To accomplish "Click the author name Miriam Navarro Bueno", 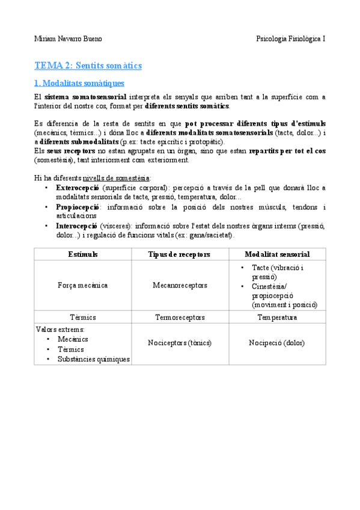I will tap(68, 39).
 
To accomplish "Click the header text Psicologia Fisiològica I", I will tap(291, 39).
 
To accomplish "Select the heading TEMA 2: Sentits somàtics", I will tap(88, 65).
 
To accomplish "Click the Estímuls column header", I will tap(83, 254).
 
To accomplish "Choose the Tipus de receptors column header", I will tap(179, 254).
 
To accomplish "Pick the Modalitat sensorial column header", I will tap(277, 254).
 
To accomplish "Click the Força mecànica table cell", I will tap(83, 286).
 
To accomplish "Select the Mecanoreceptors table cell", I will tap(180, 286).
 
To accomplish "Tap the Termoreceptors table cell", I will tap(180, 317).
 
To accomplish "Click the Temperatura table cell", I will tap(277, 317).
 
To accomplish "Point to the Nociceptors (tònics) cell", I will tap(180, 343).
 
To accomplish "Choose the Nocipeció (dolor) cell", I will tap(277, 343).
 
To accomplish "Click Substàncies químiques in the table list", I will tap(93, 359).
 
